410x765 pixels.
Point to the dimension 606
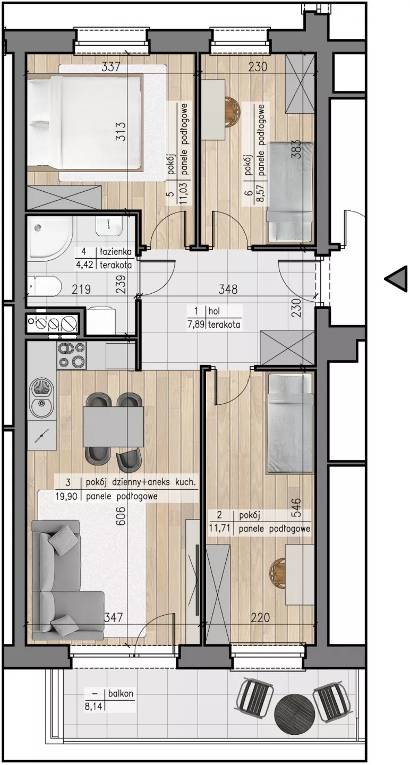[x=122, y=515]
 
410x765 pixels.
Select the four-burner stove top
[x=71, y=355]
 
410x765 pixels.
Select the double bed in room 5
[x=84, y=123]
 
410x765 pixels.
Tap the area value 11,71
[x=219, y=529]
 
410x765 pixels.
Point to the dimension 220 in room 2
[x=260, y=617]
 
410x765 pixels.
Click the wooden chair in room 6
[x=233, y=110]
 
